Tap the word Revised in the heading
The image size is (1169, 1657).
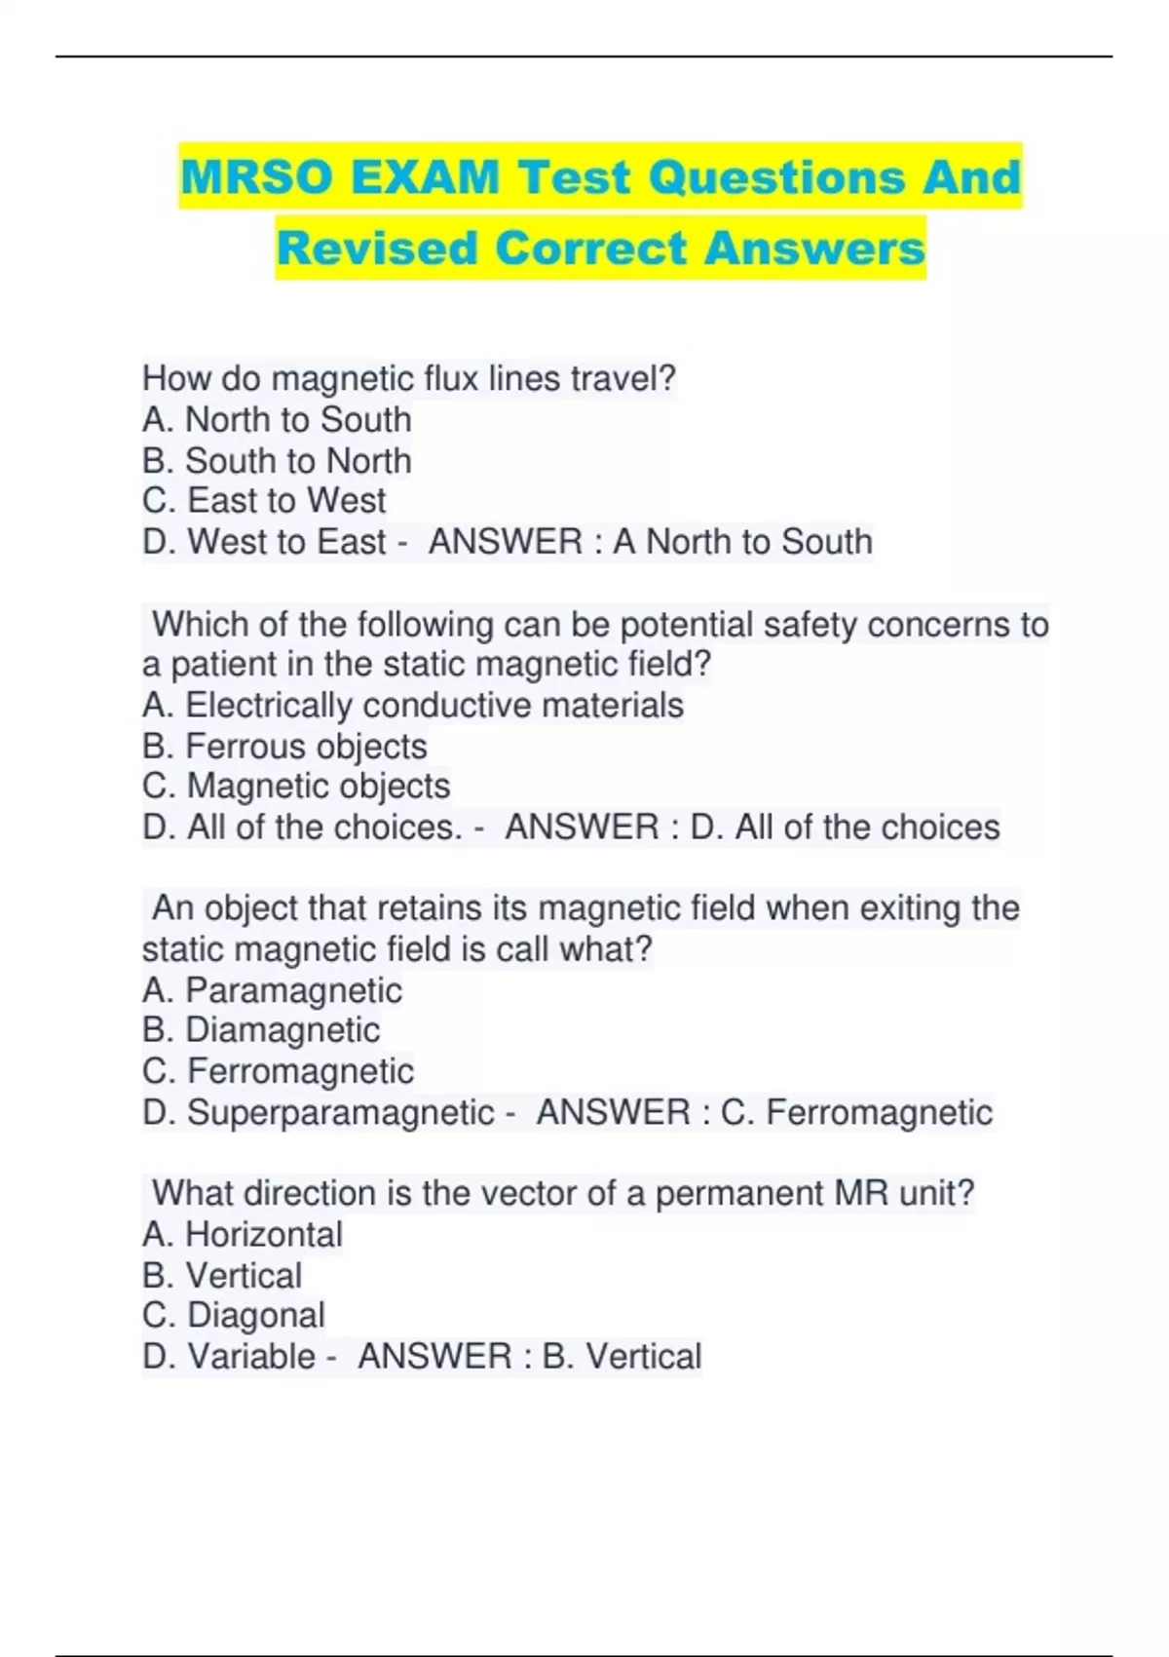377,248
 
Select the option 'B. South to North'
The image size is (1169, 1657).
277,460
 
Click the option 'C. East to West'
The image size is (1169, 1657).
264,500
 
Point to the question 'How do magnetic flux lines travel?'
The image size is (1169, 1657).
408,378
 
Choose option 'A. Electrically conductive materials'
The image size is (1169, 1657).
413,705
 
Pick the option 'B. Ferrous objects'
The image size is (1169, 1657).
284,746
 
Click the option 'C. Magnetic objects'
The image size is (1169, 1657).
296,786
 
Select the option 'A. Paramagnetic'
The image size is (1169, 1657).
272,990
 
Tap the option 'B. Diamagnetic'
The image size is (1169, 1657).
261,1030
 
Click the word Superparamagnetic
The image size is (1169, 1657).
341,1112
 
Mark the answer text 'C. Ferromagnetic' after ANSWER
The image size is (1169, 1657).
856,1112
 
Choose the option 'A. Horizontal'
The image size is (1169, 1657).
243,1235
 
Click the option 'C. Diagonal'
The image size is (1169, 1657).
234,1315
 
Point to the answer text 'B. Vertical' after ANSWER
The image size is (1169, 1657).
622,1356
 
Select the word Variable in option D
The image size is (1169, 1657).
251,1356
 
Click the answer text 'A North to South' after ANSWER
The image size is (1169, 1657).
742,542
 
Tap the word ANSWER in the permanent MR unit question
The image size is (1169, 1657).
434,1356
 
